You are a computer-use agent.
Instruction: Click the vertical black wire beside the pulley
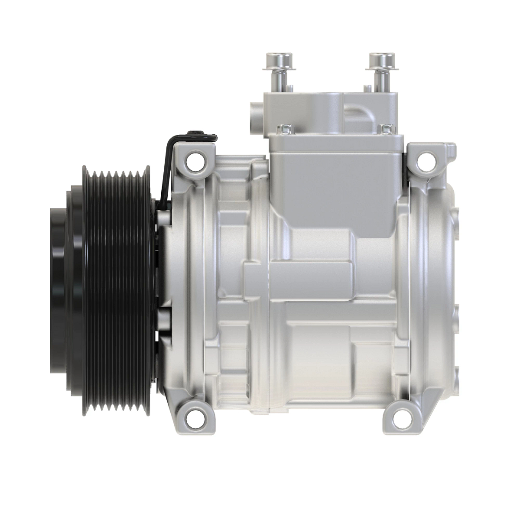tap(163, 173)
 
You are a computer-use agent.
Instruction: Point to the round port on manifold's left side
tap(255, 114)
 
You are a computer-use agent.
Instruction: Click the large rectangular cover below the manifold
tap(334, 182)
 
